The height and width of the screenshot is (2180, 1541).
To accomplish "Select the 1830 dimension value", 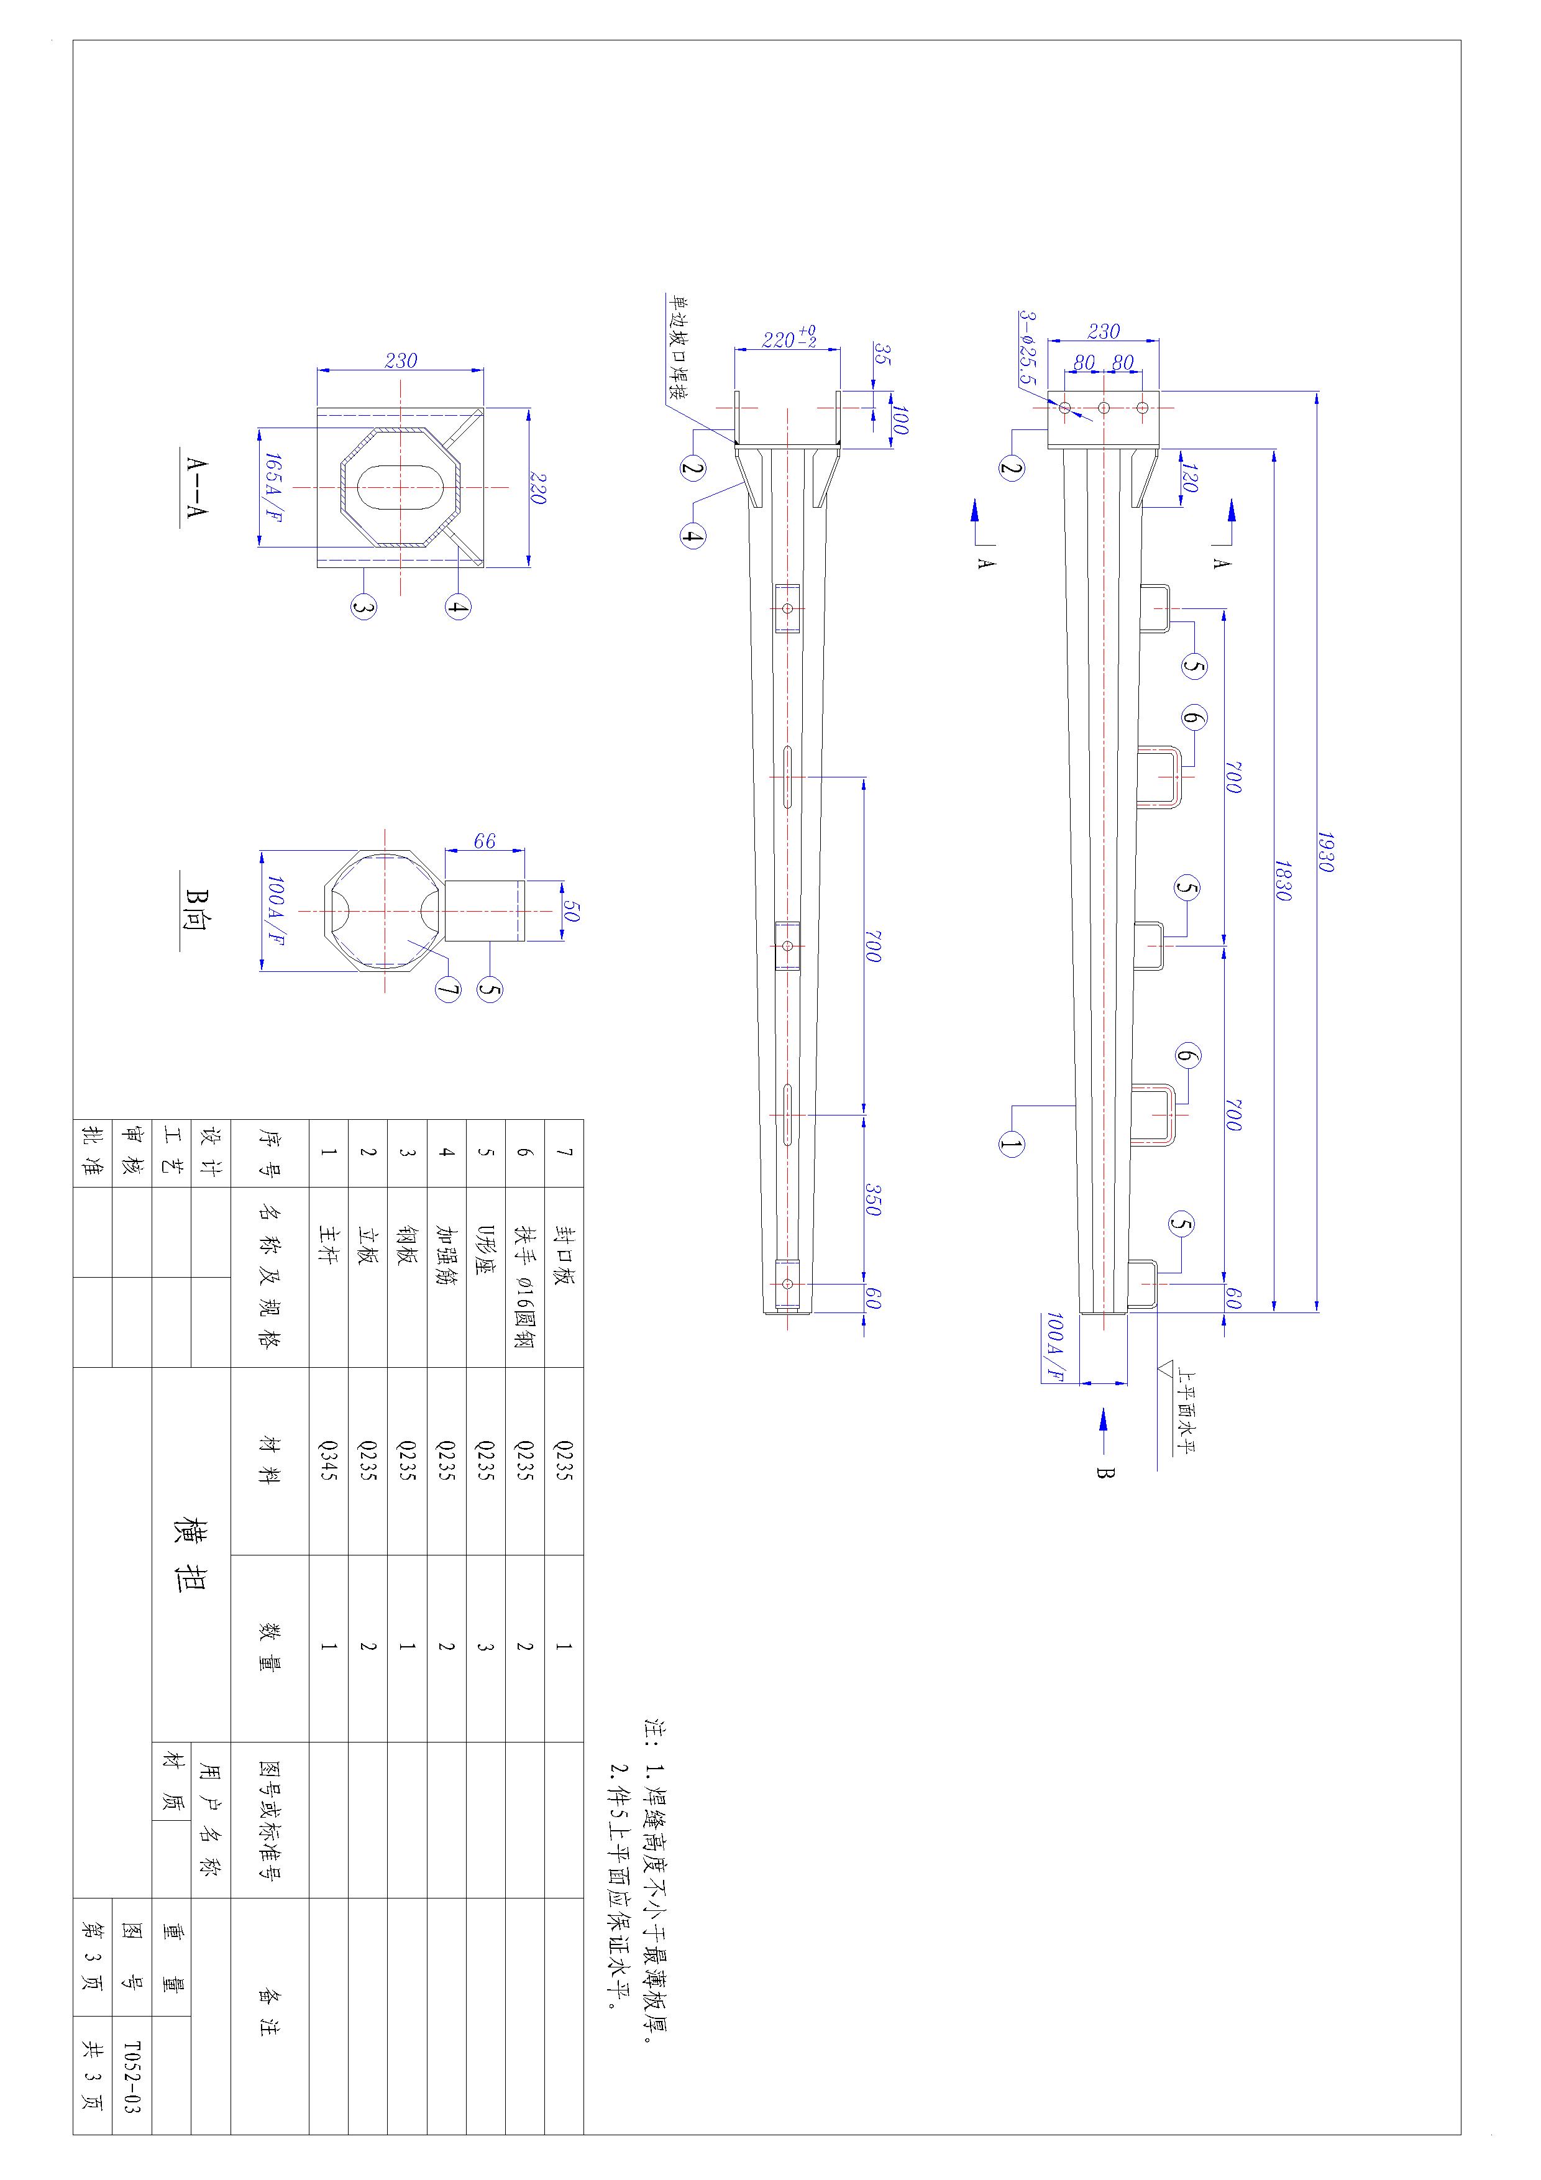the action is pyautogui.click(x=1283, y=881).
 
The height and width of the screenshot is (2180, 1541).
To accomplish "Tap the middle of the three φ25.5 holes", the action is pyautogui.click(x=1104, y=408).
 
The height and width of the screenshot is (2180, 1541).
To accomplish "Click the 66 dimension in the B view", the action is pyautogui.click(x=484, y=841).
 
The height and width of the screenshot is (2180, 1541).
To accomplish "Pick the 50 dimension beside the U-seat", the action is pyautogui.click(x=570, y=912).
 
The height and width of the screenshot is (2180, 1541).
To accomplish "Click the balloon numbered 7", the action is pyautogui.click(x=448, y=991).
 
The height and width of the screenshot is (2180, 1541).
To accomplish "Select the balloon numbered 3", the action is pyautogui.click(x=364, y=605).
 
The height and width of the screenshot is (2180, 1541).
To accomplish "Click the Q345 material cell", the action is pyautogui.click(x=329, y=1461).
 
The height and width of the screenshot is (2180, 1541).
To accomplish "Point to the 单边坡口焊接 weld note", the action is pyautogui.click(x=679, y=347).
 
